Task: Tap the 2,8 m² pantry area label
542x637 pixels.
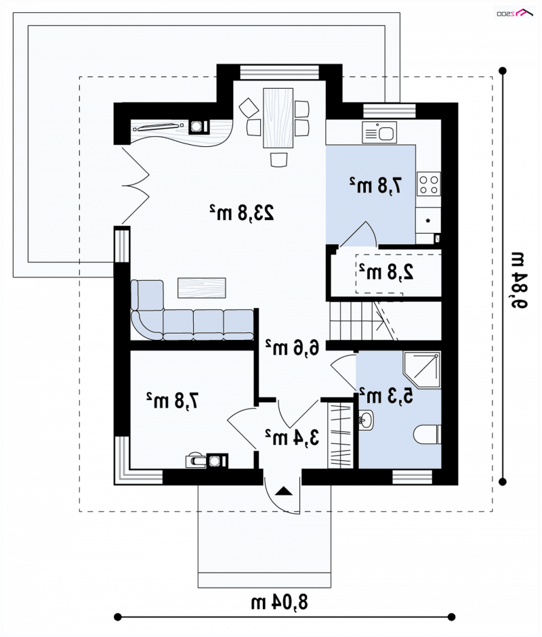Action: [x=386, y=271]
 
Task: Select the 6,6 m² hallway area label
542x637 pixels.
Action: [x=293, y=347]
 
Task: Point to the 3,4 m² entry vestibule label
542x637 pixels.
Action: [x=292, y=437]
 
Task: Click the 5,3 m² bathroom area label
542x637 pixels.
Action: [x=386, y=395]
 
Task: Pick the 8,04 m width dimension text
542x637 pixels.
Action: [x=279, y=602]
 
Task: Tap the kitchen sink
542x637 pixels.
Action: [x=379, y=133]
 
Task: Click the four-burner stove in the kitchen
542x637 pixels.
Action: [x=429, y=184]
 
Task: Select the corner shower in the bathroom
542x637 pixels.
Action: [x=422, y=370]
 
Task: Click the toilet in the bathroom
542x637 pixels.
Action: [x=428, y=435]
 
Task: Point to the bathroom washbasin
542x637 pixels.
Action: [x=366, y=420]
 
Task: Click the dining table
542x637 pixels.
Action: [x=278, y=118]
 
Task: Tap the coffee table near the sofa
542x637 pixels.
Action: [x=202, y=288]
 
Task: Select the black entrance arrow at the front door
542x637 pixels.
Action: [x=283, y=491]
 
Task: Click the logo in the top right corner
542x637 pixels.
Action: [x=515, y=13]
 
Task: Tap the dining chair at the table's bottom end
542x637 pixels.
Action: [x=278, y=159]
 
